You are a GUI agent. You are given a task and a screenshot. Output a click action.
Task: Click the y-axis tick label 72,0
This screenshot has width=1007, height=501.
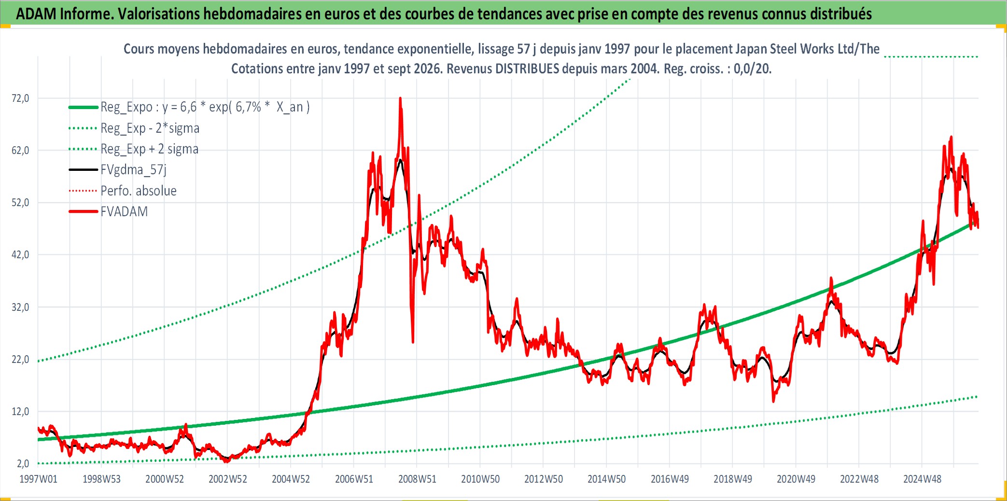pyautogui.click(x=20, y=98)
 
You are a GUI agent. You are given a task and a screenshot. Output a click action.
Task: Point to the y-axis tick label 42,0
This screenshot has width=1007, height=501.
pyautogui.click(x=20, y=255)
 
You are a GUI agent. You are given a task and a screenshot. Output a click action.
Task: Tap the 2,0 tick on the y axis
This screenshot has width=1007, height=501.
pyautogui.click(x=23, y=464)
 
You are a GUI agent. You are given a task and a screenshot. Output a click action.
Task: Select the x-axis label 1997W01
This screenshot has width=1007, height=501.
pyautogui.click(x=38, y=479)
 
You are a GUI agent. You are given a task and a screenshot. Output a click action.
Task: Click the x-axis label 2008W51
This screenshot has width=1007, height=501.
pyautogui.click(x=417, y=479)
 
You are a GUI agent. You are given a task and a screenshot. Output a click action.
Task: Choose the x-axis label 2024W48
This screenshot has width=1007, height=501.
pyautogui.click(x=922, y=479)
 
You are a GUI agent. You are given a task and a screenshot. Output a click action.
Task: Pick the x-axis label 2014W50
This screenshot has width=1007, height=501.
pyautogui.click(x=606, y=479)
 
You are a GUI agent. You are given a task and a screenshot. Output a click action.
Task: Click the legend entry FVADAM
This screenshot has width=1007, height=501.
pyautogui.click(x=124, y=212)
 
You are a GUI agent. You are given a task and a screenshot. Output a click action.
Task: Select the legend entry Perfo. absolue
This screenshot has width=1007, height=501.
pyautogui.click(x=139, y=191)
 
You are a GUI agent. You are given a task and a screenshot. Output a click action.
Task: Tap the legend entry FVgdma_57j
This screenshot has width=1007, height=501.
pyautogui.click(x=133, y=170)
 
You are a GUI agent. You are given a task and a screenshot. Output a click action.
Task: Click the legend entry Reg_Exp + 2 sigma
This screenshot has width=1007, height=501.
pyautogui.click(x=149, y=149)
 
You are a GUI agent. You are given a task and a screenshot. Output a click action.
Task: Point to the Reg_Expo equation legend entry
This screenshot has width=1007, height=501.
pyautogui.click(x=205, y=107)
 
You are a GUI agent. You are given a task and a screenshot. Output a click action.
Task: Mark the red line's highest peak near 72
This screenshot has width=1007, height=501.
pyautogui.click(x=400, y=98)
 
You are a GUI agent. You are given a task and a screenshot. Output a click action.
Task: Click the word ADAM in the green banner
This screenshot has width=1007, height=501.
pyautogui.click(x=36, y=14)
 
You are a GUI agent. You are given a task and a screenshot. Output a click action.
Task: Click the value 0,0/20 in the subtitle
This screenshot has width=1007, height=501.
pyautogui.click(x=753, y=69)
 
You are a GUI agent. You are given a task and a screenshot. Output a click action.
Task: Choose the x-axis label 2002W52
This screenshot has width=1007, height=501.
pyautogui.click(x=227, y=479)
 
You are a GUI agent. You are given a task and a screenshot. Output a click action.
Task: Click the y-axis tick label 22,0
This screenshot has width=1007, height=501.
pyautogui.click(x=20, y=360)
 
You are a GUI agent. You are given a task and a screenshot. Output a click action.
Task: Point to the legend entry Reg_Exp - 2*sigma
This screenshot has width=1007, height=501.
pyautogui.click(x=150, y=128)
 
